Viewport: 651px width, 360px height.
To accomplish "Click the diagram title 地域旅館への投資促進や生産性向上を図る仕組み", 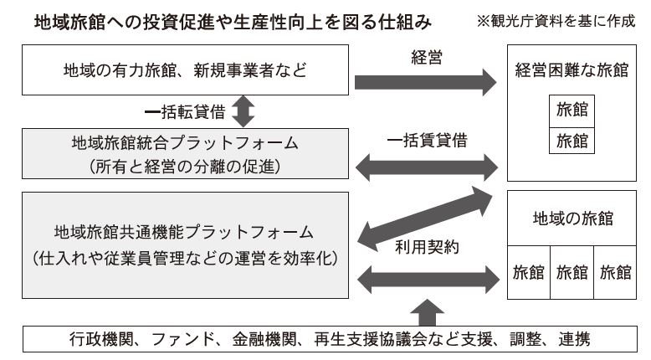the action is point(233,22).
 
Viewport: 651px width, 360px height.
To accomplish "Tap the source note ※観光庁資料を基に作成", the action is point(556,21).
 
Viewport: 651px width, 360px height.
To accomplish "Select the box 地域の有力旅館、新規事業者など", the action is point(185,70).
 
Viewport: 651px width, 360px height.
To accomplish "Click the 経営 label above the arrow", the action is point(427,57).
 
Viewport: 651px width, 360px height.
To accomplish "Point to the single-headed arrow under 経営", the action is point(425,82).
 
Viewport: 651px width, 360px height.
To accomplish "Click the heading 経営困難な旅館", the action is point(572,70).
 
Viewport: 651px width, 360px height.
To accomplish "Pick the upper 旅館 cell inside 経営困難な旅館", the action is point(572,111).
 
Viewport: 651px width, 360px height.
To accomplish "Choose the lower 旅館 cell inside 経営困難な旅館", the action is point(572,141).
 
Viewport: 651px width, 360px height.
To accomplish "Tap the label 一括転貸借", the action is point(185,112).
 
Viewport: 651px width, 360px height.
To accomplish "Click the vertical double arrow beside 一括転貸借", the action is point(243,111).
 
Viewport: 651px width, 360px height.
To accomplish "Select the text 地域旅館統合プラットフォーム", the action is point(185,143).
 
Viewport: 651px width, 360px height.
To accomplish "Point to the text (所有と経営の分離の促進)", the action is point(185,167).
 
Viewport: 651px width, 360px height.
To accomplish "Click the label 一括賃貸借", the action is point(427,141).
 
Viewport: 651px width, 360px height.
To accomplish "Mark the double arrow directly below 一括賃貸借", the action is point(427,167).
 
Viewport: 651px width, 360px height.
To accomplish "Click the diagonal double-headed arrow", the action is point(425,219).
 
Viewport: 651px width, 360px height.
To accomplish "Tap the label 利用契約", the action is point(427,248).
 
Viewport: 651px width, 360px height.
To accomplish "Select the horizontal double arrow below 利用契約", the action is point(428,280).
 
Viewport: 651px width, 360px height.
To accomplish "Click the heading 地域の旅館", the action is point(572,219).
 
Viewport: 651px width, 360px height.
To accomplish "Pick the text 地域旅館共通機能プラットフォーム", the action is point(183,232).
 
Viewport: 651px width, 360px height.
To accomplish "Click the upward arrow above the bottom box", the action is point(428,312).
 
